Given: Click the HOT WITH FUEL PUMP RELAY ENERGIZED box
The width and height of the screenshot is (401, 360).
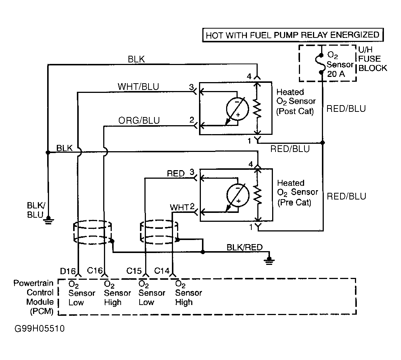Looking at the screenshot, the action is (293, 35).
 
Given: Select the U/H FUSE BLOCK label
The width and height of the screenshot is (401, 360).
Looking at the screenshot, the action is (372, 59).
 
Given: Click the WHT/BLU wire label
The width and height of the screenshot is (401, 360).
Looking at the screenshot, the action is (138, 87).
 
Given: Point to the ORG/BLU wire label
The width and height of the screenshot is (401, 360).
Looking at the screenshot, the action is (139, 120).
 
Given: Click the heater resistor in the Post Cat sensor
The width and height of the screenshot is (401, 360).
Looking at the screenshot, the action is (257, 108).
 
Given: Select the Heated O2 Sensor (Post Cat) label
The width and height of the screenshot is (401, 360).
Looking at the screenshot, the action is (296, 101).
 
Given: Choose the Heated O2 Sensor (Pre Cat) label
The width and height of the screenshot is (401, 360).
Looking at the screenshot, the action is (297, 192).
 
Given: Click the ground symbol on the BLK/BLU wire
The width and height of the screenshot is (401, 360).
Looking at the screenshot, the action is (48, 220).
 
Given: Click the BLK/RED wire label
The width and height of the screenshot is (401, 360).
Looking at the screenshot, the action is (244, 247).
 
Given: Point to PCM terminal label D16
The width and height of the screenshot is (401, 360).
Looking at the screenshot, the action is (68, 271).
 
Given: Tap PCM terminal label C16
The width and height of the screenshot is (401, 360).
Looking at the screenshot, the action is (95, 270).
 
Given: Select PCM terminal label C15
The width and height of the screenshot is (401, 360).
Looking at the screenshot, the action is (134, 270).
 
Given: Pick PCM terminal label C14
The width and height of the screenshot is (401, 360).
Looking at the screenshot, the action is (162, 270).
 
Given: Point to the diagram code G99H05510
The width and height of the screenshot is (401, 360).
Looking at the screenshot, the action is (40, 328).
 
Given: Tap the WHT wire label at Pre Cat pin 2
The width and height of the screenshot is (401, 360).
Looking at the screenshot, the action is (179, 207).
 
